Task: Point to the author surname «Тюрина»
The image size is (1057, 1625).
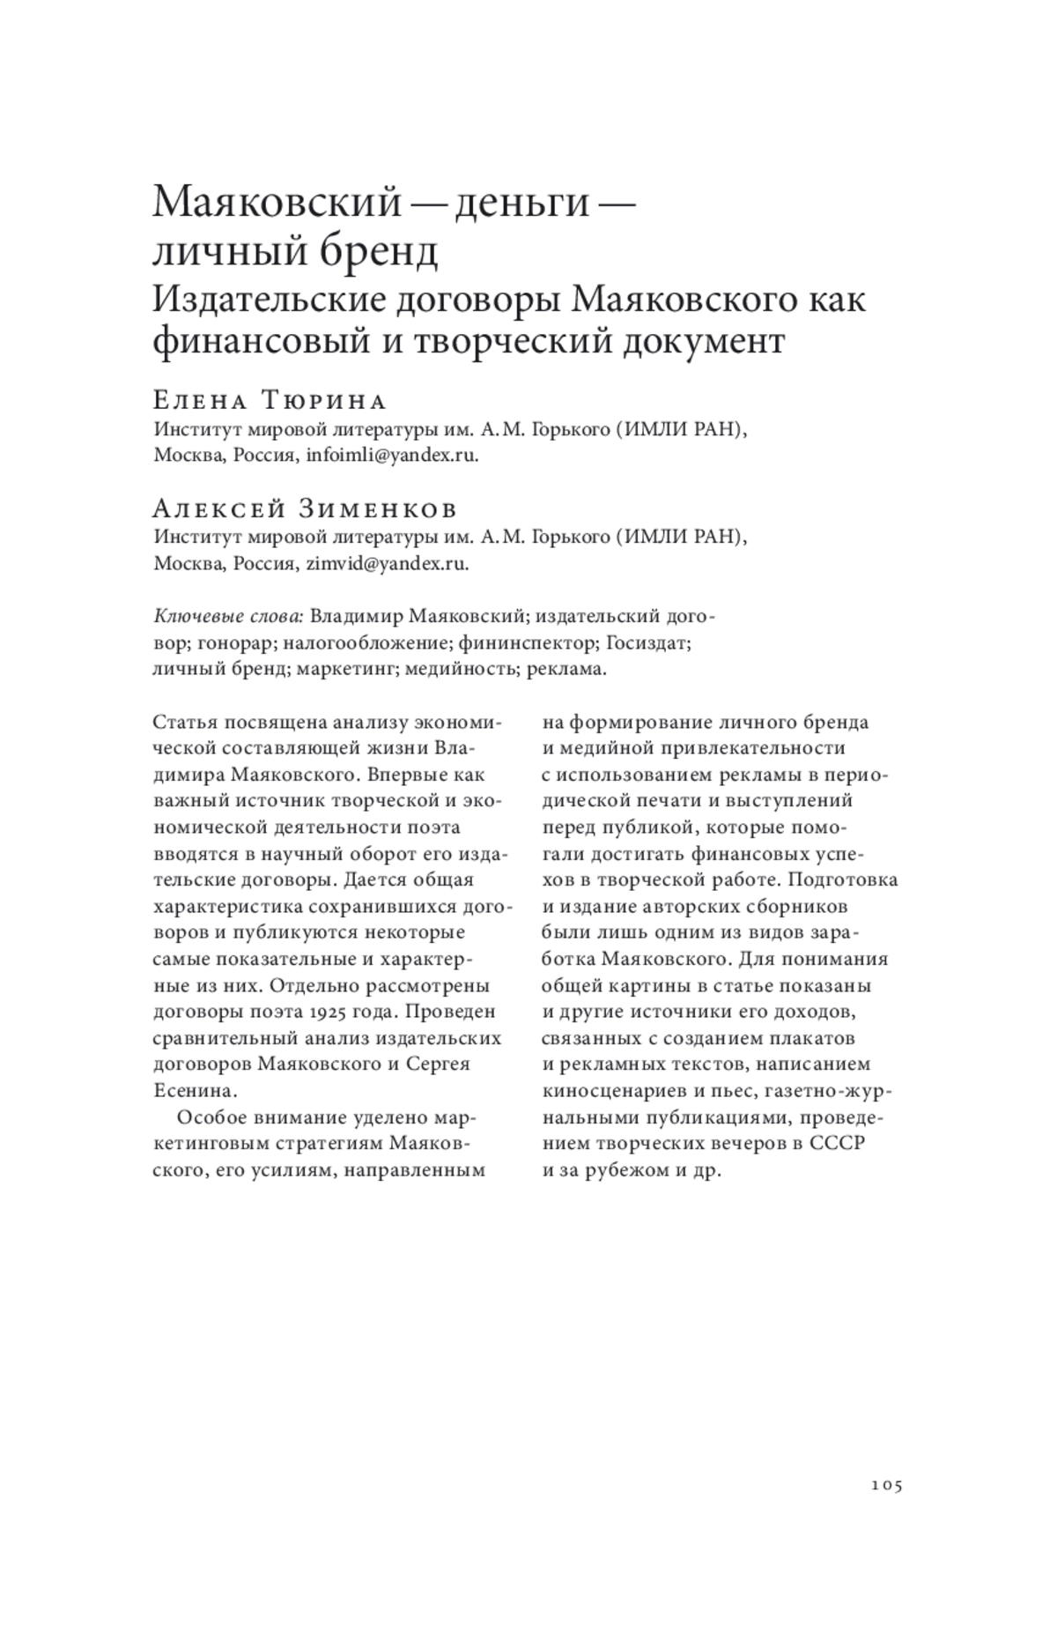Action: coord(324,402)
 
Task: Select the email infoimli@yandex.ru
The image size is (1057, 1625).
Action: coord(391,456)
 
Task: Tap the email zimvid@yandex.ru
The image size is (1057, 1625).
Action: coord(387,564)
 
